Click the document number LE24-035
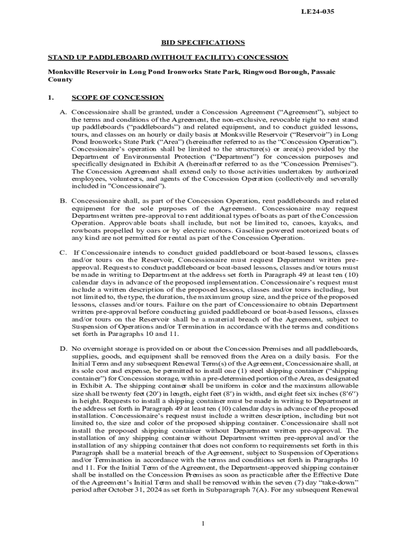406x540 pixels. click(x=317, y=12)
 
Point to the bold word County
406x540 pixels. click(x=60, y=80)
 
